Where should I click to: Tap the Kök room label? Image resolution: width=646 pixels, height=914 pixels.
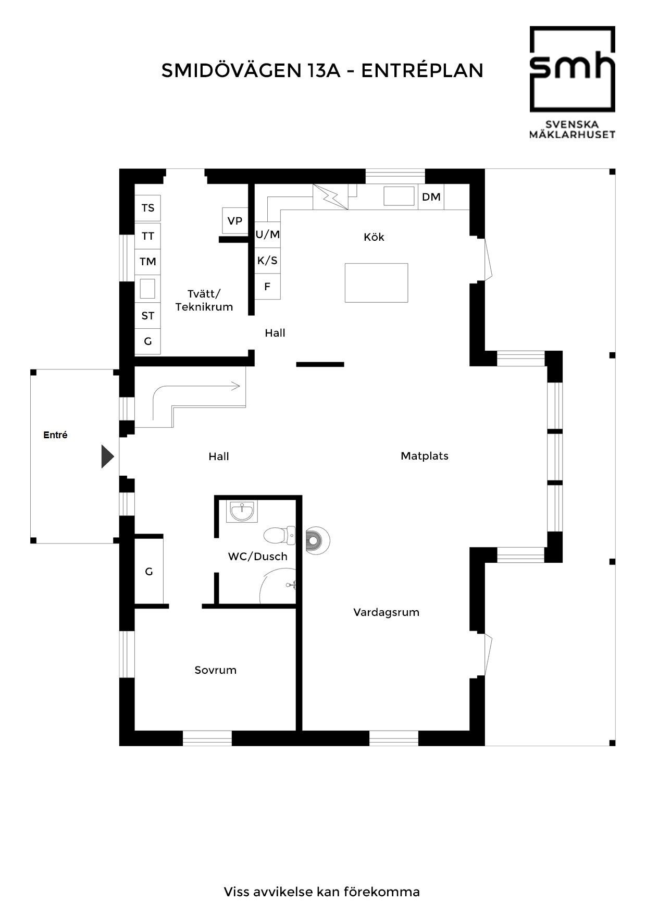coord(374,237)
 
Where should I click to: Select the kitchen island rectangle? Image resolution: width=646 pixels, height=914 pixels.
coord(376,282)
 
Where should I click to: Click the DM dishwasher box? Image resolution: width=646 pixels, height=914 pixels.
coord(431,197)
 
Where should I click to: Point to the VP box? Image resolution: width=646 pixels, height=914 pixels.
coord(234,221)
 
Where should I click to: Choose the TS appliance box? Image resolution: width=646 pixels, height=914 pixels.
coord(148,208)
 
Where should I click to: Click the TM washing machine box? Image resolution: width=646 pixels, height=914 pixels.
coord(148,262)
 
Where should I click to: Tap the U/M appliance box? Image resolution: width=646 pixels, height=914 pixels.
coord(268,234)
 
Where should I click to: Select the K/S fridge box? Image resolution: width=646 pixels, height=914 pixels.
coord(268,261)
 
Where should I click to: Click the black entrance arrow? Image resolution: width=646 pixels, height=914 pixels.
coord(107,457)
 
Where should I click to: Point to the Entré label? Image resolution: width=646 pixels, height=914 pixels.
coord(55,435)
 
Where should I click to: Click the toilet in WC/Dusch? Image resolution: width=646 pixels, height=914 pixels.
coord(279,535)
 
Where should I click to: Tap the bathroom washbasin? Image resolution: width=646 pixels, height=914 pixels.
coord(242,511)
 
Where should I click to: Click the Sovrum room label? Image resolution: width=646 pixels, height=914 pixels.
coord(215,670)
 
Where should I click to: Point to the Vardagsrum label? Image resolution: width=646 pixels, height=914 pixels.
coord(386,612)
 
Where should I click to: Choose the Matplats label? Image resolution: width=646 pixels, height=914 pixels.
coord(424,456)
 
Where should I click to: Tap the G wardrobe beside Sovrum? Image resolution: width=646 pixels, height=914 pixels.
coord(149,572)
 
